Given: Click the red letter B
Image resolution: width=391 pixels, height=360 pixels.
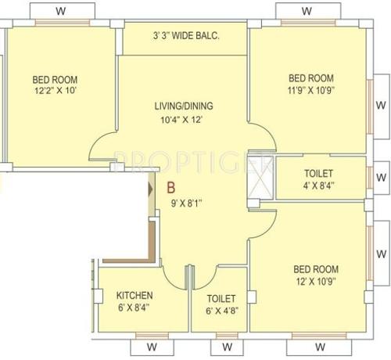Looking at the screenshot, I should point(170,189).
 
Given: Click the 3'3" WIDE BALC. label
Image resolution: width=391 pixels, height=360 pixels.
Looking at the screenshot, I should point(186,35).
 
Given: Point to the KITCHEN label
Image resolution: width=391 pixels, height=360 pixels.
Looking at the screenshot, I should point(135,296).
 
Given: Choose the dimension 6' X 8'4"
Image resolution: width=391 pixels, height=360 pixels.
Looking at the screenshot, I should point(135,309).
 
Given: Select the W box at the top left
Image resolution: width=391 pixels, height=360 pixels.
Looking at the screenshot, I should point(62,12).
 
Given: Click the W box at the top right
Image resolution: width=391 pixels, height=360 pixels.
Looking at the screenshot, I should point(307,12).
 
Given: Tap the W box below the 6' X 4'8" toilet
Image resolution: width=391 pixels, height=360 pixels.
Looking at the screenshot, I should point(226,345).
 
